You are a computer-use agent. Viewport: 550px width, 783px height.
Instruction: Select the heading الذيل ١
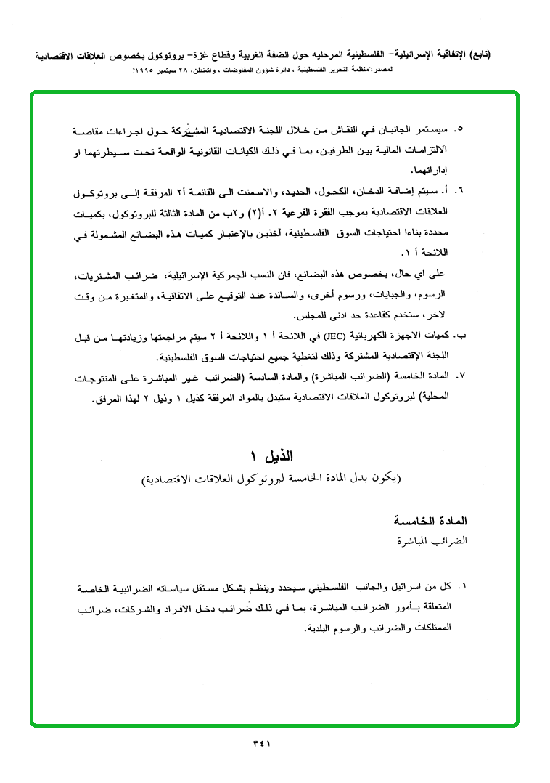(x=273, y=458)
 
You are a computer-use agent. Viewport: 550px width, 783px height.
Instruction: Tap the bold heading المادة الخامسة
(x=435, y=522)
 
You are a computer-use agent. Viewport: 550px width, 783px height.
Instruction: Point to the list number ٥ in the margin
(x=458, y=130)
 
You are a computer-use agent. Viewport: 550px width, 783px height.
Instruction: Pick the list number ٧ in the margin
(x=458, y=376)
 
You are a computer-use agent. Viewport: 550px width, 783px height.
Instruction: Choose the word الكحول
(x=332, y=191)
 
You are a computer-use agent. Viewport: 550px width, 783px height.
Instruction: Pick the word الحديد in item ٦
(x=296, y=191)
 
